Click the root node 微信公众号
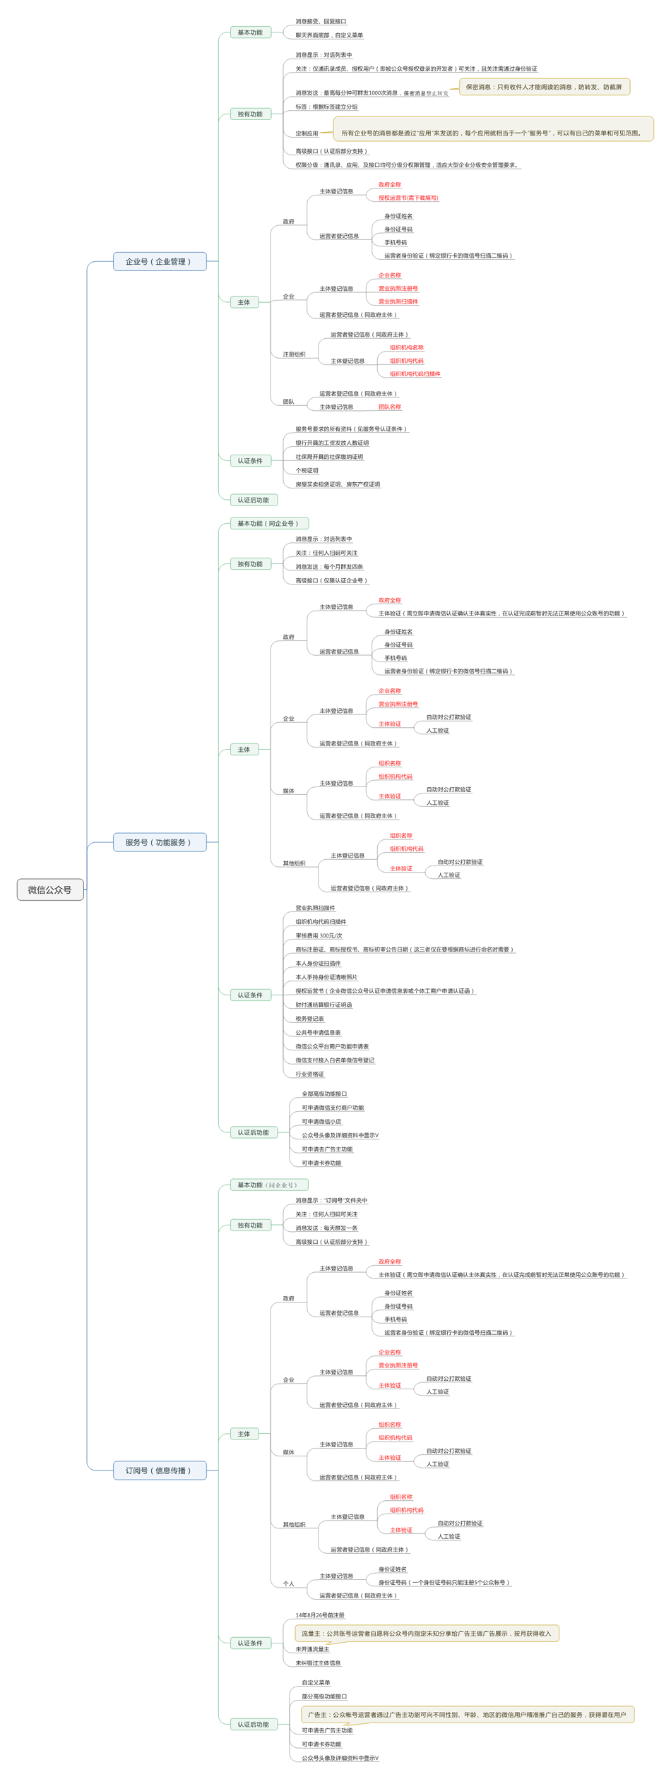(50, 890)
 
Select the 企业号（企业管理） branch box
(159, 261)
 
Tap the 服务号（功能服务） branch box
(159, 842)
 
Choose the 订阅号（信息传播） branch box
(159, 1470)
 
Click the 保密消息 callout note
(544, 87)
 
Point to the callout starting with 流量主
(426, 1633)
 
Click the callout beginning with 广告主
(467, 1714)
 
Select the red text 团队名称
(389, 407)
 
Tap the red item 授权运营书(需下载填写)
(408, 198)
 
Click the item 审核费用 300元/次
(319, 935)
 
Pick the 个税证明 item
(307, 470)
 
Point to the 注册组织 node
(294, 354)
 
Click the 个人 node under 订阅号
(288, 1583)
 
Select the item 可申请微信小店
(321, 1121)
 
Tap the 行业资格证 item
(309, 1074)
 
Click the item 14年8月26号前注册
(320, 1615)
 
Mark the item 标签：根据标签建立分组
(326, 107)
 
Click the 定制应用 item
(307, 133)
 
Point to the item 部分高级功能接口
(324, 1696)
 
